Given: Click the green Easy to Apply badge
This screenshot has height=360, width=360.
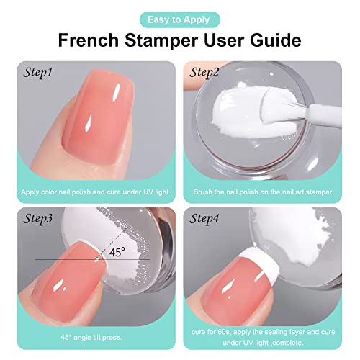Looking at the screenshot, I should click(x=179, y=20).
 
